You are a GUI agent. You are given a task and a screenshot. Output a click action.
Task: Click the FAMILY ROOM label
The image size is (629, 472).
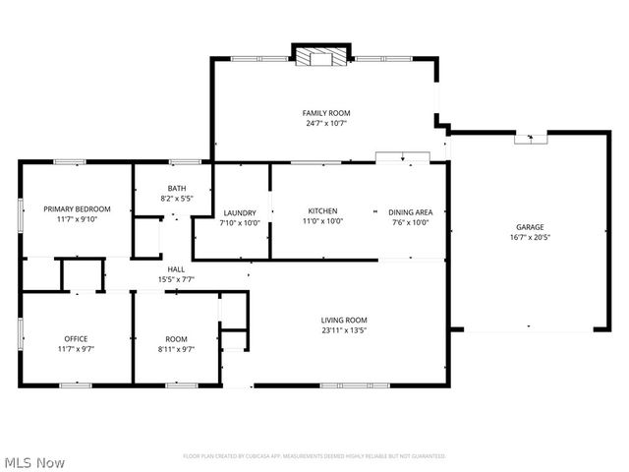point(324,113)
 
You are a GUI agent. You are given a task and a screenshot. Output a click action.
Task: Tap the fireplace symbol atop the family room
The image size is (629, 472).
point(321,57)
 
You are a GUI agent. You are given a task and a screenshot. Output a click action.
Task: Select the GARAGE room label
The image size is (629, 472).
point(531,226)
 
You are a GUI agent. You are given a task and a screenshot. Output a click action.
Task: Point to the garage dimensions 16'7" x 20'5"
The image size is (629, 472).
point(531,237)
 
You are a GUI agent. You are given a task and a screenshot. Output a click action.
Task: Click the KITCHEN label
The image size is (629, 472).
point(323,211)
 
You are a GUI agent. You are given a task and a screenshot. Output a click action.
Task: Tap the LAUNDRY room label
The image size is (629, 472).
point(240,212)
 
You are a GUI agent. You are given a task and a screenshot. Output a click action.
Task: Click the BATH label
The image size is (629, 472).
point(177,188)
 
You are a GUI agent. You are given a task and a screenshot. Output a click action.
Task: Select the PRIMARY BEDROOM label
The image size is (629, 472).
point(77,208)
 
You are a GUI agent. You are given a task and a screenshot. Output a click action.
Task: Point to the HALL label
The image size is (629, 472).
point(177,268)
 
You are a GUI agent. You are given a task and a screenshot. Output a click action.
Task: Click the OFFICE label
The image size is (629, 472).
point(76,338)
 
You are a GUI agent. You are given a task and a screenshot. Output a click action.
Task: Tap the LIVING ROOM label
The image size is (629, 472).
point(344,320)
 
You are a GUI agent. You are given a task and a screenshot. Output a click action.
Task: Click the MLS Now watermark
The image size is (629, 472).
point(34,462)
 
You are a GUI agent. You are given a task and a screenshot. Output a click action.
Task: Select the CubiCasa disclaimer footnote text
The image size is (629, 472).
point(314,456)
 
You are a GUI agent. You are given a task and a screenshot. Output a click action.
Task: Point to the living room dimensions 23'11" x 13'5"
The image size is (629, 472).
point(344,330)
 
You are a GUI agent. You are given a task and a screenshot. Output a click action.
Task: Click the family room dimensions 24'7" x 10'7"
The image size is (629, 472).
point(324,124)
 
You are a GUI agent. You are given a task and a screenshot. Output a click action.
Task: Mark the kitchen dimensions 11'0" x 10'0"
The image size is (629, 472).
point(323,222)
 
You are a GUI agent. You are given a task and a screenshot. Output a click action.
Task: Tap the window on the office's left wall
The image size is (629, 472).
point(21,334)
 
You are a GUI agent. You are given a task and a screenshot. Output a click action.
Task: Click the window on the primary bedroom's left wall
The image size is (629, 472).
point(21,216)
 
